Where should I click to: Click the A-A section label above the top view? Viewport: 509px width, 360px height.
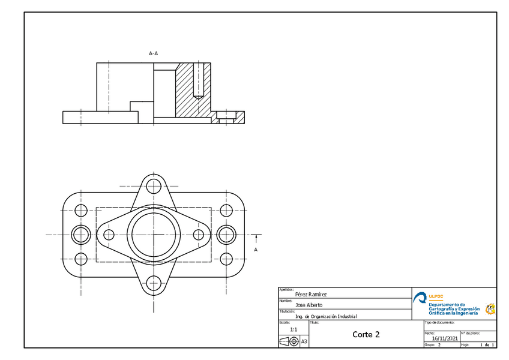(x=153, y=53)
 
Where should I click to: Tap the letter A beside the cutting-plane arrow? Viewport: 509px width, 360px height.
(x=256, y=249)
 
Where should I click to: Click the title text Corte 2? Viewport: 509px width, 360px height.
(x=366, y=334)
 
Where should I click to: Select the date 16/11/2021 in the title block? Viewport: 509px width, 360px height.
(x=444, y=338)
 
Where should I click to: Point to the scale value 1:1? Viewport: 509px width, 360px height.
(x=294, y=329)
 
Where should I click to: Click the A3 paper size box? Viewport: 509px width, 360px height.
(x=304, y=341)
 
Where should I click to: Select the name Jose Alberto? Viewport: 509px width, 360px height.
(x=309, y=305)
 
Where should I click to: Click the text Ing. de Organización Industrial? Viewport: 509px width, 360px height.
(x=326, y=316)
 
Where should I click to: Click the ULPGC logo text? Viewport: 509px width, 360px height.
(x=436, y=296)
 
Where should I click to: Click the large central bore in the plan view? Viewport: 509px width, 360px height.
(x=153, y=234)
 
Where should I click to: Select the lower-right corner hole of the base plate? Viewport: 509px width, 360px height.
(x=226, y=259)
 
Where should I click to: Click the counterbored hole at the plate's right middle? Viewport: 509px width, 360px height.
(x=226, y=234)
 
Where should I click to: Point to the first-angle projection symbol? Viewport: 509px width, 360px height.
(x=289, y=341)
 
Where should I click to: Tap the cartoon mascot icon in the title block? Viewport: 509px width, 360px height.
(x=490, y=308)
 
